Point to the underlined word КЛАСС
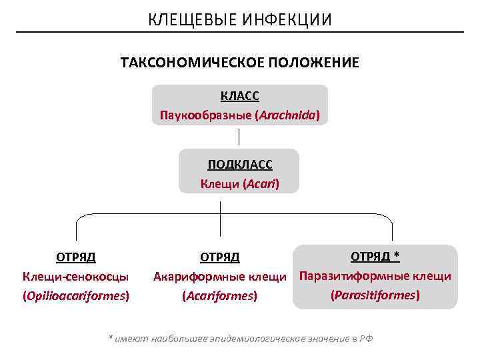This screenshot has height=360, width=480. tap(240, 96)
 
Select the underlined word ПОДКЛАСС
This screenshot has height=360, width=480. tap(240, 165)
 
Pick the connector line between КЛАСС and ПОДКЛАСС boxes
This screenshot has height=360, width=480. tap(239, 137)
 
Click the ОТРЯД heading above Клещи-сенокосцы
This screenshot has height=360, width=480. tap(75, 257)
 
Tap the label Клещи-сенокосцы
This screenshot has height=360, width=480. tap(75, 276)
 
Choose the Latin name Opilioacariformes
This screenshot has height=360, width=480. tap(75, 295)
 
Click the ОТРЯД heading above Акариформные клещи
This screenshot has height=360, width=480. tap(220, 257)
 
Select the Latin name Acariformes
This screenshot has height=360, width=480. tap(220, 295)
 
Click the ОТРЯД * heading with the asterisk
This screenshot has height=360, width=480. tap(375, 257)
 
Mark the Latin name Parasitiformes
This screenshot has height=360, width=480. tap(375, 294)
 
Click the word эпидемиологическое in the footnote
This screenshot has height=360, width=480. tap(259, 339)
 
